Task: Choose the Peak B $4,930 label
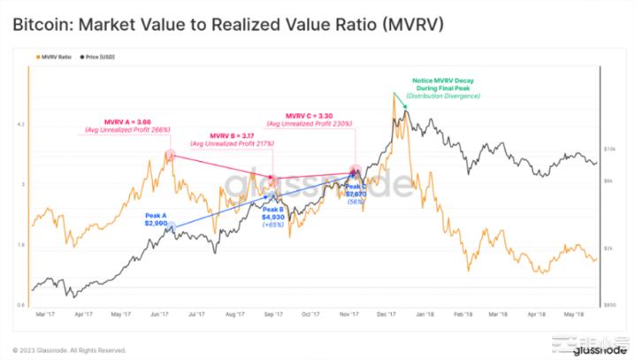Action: (275, 213)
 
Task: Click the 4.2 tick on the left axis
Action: (21, 125)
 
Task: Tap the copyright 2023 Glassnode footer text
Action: (69, 349)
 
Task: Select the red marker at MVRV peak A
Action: (170, 155)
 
